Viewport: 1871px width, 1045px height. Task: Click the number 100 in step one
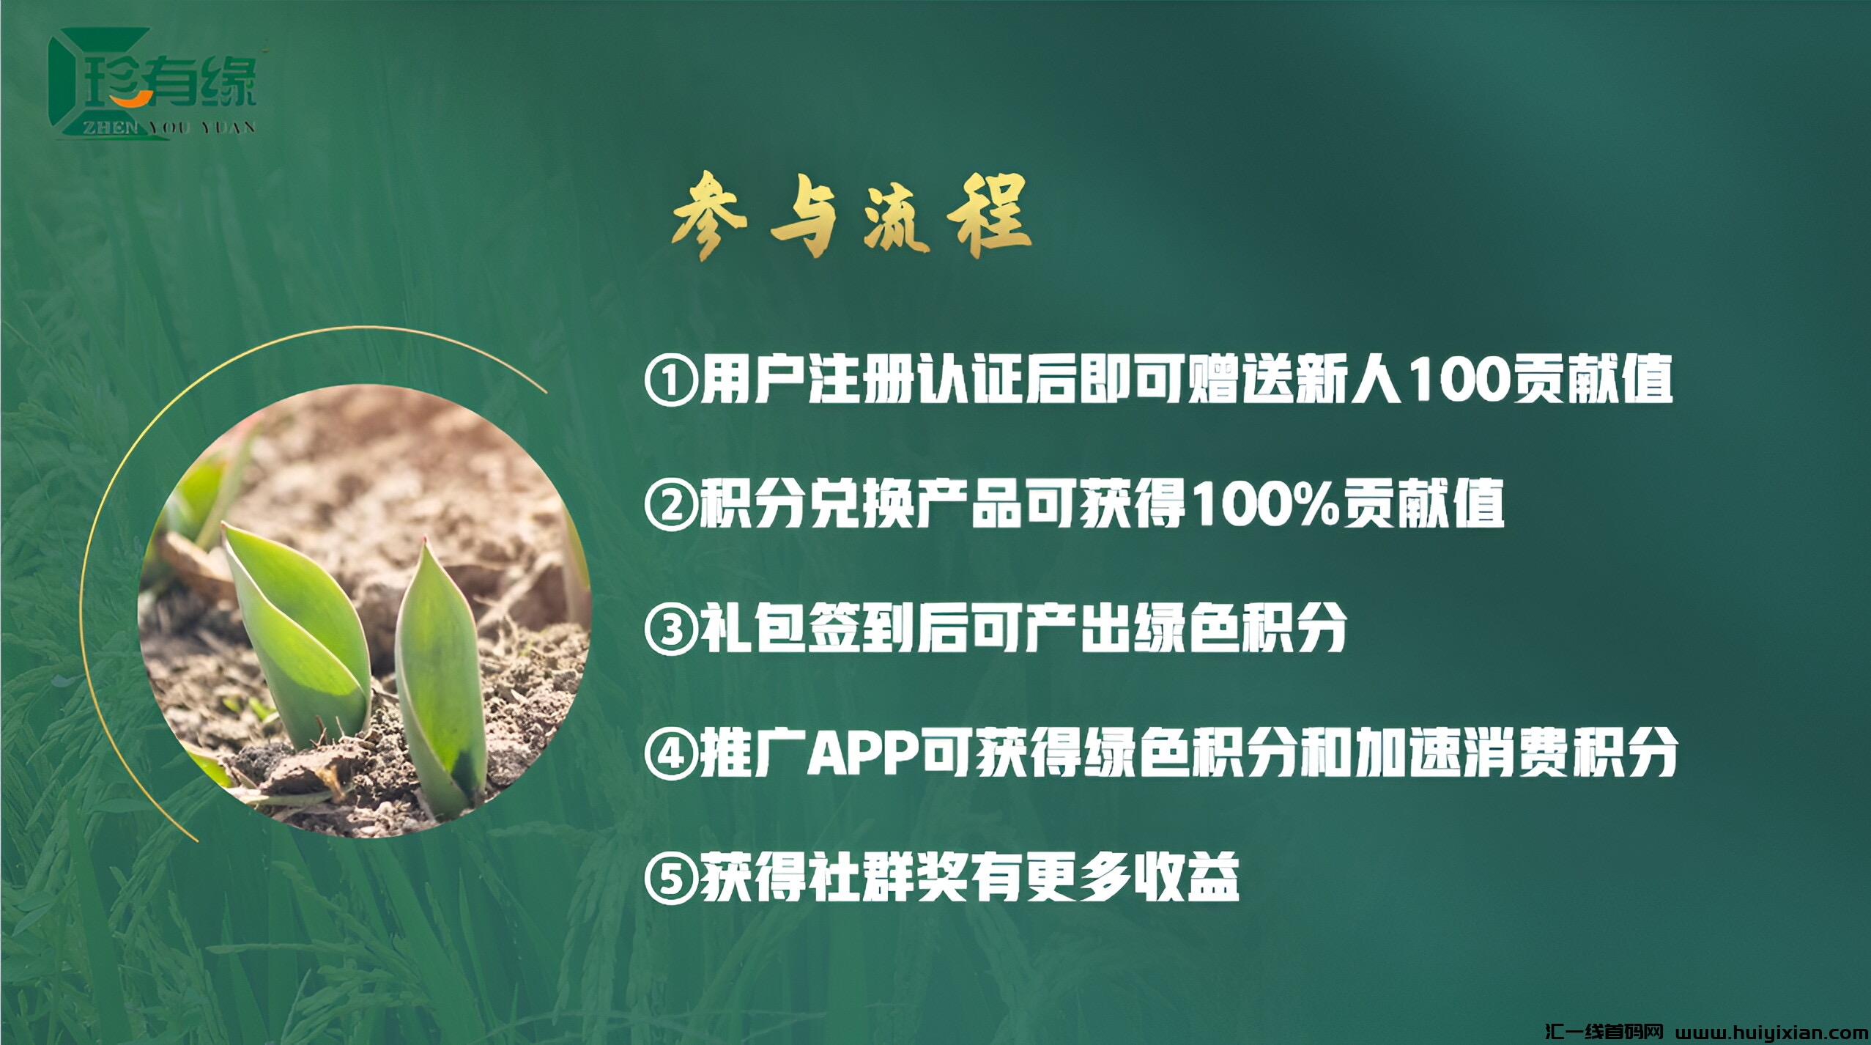coord(1453,381)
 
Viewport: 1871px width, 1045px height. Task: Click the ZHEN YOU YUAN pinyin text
coord(168,128)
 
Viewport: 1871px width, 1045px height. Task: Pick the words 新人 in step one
coord(1346,381)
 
